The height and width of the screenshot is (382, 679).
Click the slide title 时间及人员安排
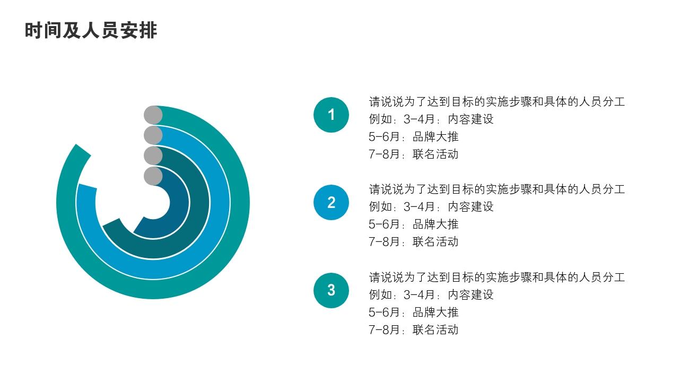(91, 30)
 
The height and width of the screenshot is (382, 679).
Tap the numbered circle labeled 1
(331, 115)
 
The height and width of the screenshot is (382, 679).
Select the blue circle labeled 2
(331, 202)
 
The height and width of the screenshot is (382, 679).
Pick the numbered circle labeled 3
(331, 290)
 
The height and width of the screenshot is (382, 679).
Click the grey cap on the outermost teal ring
(153, 115)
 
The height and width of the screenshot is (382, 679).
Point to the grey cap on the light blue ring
(153, 135)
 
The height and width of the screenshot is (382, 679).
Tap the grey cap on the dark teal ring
(153, 155)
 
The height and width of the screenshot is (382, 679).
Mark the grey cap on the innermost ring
(153, 176)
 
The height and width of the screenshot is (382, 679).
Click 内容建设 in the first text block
(471, 119)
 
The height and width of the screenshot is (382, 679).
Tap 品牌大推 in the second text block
(436, 224)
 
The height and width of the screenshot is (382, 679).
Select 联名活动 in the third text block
(436, 329)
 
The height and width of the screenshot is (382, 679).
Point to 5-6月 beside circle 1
(384, 136)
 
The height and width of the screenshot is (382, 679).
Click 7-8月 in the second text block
(384, 241)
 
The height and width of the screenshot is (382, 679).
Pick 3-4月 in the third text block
(419, 294)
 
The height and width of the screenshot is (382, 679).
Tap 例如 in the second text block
(380, 206)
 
